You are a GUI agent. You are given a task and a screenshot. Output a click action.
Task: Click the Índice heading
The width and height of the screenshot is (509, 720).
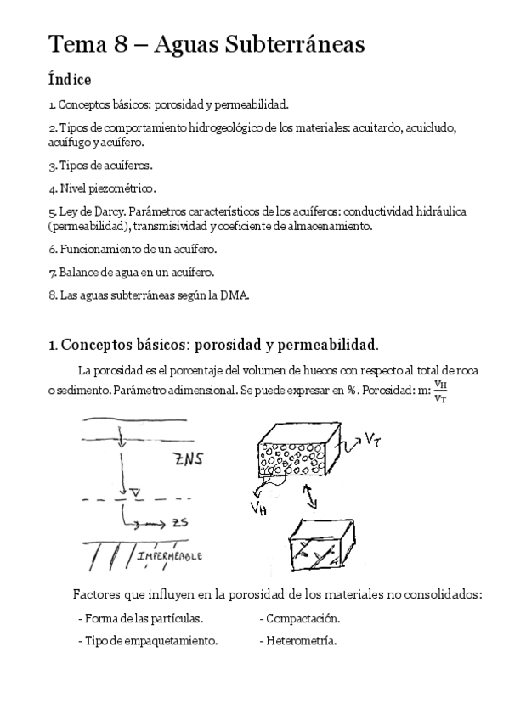click(70, 80)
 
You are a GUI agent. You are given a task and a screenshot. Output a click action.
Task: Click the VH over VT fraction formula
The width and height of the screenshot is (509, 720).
click(440, 393)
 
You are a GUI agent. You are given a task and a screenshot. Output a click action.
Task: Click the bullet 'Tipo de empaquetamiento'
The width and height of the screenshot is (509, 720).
click(147, 641)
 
